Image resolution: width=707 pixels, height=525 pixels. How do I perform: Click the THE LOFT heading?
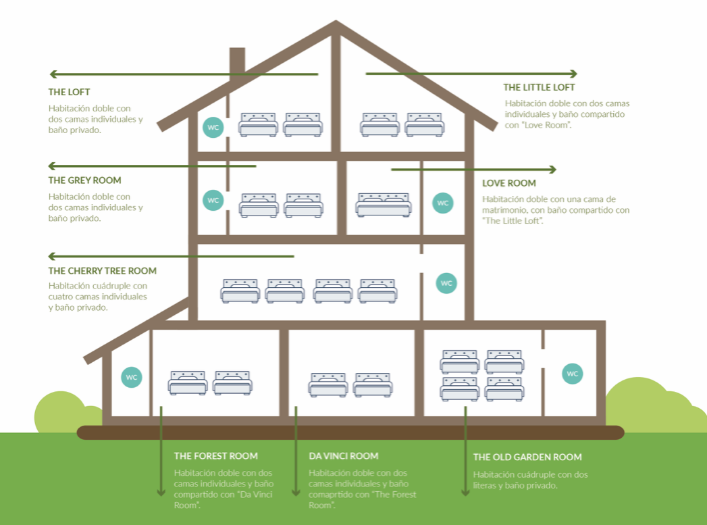69,92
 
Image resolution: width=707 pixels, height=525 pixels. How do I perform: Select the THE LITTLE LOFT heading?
539,88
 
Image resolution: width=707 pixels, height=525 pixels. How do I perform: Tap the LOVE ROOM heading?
508,183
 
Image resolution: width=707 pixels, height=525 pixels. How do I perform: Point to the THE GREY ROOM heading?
84,180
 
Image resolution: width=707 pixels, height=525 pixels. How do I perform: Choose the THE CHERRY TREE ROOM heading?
103,271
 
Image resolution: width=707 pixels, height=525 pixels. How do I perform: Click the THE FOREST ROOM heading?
215,456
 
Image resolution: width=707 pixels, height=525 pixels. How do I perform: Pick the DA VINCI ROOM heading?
343,456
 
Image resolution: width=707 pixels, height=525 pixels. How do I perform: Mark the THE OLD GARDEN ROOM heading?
527,457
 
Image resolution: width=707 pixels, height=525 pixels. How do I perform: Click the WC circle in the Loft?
213,127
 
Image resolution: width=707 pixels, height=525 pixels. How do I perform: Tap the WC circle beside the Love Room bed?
443,203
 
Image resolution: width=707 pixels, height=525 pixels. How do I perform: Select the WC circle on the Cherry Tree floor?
446,283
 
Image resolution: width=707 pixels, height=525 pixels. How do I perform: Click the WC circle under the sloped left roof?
132,377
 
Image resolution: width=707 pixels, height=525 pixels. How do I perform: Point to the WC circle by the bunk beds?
572,374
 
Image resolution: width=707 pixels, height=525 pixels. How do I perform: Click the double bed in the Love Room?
384,205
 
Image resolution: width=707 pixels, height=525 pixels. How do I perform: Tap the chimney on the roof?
237,63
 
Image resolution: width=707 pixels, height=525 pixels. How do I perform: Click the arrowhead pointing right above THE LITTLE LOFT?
573,74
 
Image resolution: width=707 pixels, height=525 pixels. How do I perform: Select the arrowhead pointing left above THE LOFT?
53,74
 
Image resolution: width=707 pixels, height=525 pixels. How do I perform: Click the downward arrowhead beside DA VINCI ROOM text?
296,492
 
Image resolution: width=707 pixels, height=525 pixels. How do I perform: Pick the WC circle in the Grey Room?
213,200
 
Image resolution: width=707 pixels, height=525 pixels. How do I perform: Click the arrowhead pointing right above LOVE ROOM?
553,170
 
